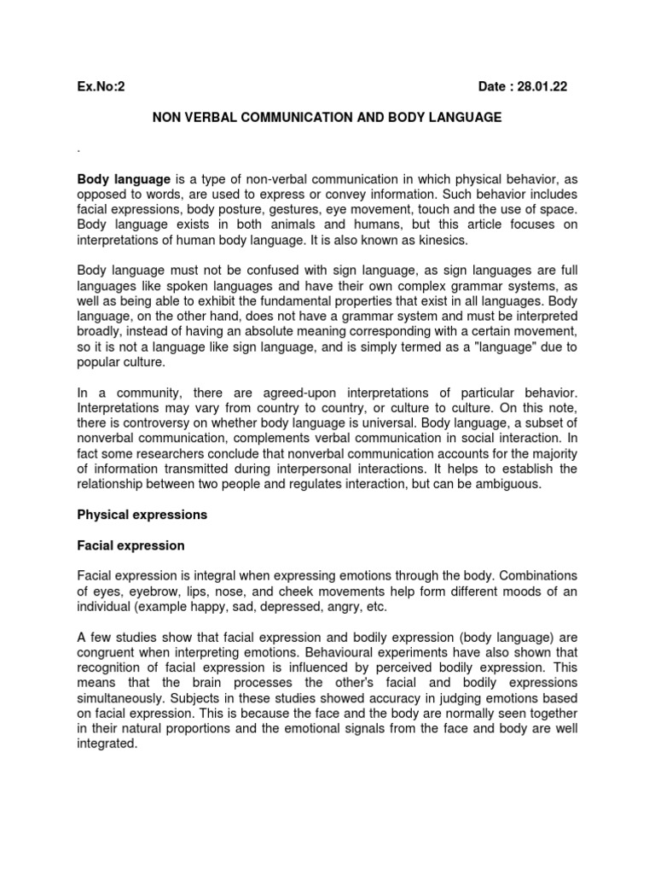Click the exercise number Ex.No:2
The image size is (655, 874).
click(x=101, y=86)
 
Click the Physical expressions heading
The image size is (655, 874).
click(x=142, y=515)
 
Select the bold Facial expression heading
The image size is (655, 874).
click(x=130, y=545)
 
